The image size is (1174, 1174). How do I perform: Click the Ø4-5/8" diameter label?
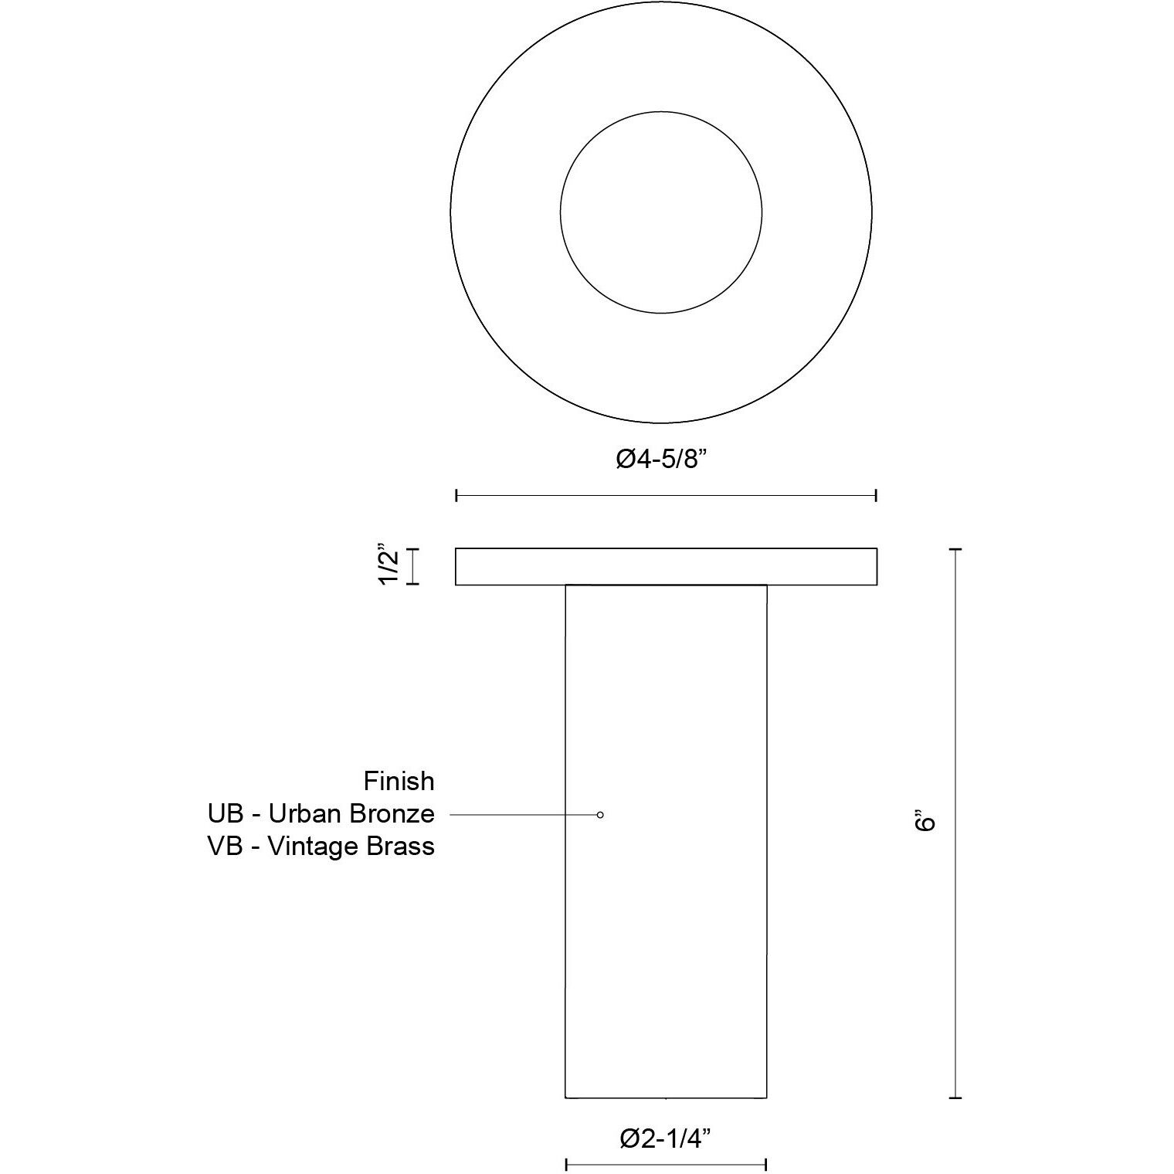[x=662, y=460]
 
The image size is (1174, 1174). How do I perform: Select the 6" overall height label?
[x=925, y=820]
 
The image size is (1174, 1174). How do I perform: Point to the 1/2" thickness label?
[x=389, y=566]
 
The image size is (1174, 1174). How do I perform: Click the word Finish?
[x=399, y=782]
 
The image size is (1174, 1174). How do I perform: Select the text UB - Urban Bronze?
[x=321, y=814]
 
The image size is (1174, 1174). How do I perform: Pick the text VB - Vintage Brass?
[x=321, y=847]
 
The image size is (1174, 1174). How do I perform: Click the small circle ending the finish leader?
[x=600, y=815]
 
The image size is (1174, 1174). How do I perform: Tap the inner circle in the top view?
[x=661, y=212]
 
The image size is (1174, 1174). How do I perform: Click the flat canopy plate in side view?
[x=666, y=566]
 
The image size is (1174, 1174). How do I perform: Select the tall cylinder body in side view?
[x=666, y=927]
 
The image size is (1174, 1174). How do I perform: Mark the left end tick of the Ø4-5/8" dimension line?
[x=456, y=495]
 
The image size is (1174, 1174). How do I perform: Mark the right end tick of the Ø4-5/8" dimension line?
[x=876, y=495]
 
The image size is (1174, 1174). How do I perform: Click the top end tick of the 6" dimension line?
[x=955, y=549]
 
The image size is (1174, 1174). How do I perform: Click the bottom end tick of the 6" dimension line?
[x=955, y=1097]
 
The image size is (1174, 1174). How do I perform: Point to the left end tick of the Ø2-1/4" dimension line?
[x=566, y=1164]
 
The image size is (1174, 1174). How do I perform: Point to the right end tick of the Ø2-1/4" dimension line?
[x=765, y=1164]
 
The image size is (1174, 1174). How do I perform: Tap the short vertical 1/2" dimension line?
[x=412, y=566]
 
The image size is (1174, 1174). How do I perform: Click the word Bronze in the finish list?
[x=395, y=814]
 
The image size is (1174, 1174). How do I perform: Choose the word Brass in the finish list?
[x=401, y=847]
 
